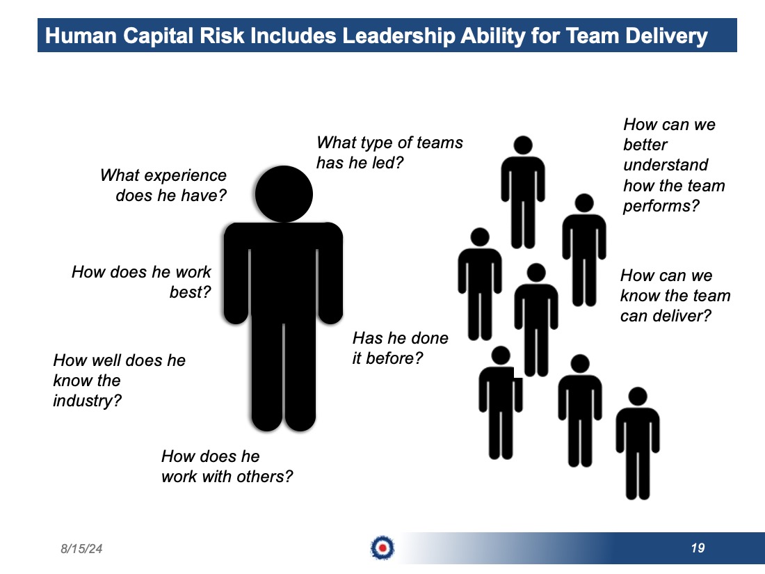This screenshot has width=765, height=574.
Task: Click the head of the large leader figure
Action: (x=284, y=194)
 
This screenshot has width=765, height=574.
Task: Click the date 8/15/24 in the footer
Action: (x=81, y=549)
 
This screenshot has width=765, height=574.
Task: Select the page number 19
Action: (x=698, y=548)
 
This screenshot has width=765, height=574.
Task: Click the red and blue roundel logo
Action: (x=382, y=548)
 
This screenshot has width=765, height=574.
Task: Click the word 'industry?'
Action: (x=88, y=401)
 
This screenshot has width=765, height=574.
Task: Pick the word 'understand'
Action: (x=666, y=165)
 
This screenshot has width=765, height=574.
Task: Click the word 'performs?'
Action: (x=661, y=206)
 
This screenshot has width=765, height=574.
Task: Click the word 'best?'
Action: (x=191, y=292)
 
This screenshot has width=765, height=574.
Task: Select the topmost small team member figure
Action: (x=523, y=192)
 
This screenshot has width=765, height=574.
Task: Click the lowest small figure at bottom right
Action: (x=638, y=444)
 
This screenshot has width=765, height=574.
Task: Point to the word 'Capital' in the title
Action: (x=158, y=36)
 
